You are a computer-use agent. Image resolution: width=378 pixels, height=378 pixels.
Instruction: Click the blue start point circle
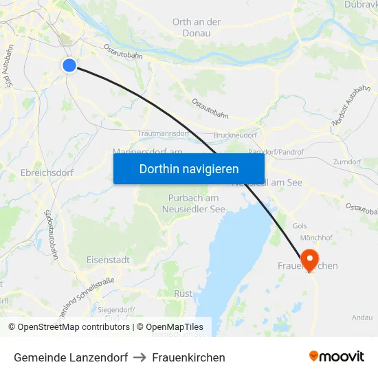(x=69, y=65)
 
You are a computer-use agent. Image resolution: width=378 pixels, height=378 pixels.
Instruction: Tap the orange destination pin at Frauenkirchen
(x=310, y=260)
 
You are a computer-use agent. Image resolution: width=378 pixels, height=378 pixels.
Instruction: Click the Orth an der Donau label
(x=197, y=27)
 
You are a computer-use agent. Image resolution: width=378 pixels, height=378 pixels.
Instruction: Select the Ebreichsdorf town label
(x=47, y=173)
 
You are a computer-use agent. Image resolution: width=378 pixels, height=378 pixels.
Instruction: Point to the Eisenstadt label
(x=108, y=260)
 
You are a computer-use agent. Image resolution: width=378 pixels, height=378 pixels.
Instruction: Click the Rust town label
(x=184, y=293)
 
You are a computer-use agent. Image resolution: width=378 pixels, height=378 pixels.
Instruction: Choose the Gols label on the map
(x=300, y=225)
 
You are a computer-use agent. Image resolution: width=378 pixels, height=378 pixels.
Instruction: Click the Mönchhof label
(x=317, y=238)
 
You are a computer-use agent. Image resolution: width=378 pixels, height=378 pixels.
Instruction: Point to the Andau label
(x=362, y=317)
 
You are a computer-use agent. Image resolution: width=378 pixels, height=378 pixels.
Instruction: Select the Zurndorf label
(x=346, y=162)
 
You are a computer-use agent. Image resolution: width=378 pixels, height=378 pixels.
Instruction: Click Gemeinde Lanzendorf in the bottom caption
(x=71, y=357)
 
